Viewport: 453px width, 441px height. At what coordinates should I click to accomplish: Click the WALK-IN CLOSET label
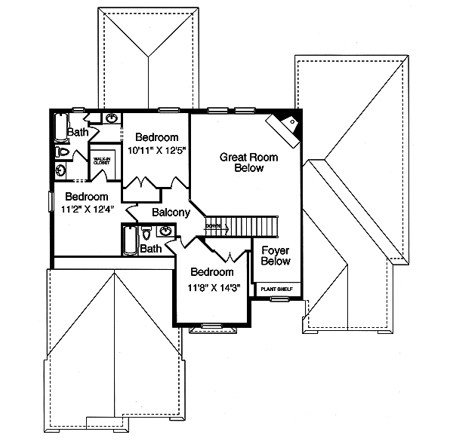pos(102,161)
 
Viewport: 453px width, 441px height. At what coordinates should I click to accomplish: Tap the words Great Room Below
pos(248,163)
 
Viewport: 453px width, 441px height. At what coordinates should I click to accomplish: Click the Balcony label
pos(171,213)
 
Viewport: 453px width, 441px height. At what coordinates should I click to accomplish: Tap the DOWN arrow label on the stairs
pos(214,226)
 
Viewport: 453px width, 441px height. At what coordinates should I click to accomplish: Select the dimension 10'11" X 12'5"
pos(157,150)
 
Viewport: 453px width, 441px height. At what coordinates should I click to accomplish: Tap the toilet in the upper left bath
pos(63,152)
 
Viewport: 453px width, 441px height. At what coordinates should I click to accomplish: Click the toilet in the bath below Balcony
pos(146,234)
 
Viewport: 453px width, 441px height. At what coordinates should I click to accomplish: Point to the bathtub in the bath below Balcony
pos(128,241)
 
